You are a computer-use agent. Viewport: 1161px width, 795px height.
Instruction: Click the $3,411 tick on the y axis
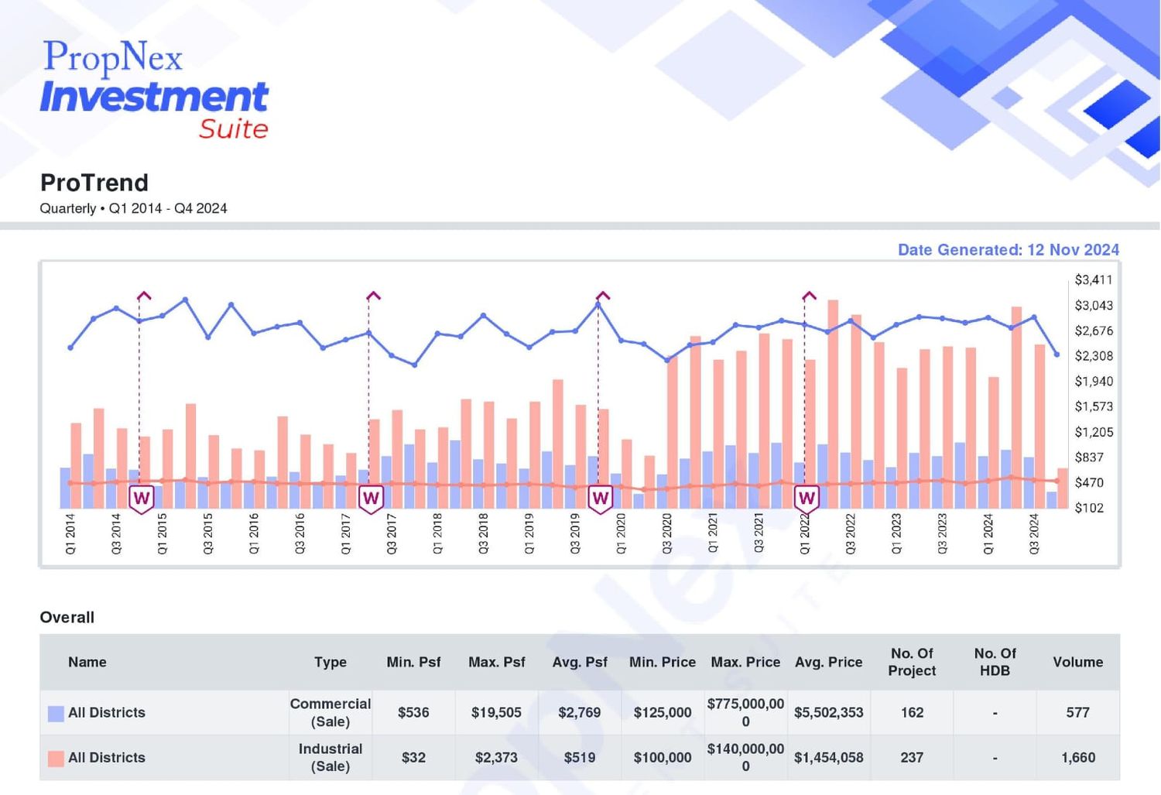tap(1093, 280)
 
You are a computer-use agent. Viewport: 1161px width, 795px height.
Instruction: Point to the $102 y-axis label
tap(1088, 508)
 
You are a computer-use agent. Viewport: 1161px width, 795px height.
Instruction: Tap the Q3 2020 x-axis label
tap(667, 534)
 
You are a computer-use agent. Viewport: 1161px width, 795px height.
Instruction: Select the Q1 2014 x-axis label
tap(70, 534)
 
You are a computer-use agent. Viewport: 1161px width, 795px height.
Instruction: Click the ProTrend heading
tap(94, 183)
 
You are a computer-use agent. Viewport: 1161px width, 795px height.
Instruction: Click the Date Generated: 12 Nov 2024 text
tap(1008, 250)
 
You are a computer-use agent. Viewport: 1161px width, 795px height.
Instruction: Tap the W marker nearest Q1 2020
tap(600, 499)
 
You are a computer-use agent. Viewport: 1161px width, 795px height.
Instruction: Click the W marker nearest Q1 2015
tap(141, 499)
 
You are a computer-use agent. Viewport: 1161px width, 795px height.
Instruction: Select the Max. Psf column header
tap(497, 662)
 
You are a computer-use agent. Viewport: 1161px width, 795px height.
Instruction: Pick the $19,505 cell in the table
tap(496, 713)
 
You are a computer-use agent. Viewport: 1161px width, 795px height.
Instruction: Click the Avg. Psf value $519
tap(580, 758)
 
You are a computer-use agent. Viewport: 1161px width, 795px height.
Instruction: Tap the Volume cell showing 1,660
tap(1078, 758)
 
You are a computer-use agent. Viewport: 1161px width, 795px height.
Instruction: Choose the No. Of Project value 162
tap(912, 713)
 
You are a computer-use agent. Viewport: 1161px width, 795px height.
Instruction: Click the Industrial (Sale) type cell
tap(330, 757)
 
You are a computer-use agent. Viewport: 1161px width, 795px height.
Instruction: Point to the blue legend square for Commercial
tap(56, 713)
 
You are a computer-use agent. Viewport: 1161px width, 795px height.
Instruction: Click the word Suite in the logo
tap(234, 129)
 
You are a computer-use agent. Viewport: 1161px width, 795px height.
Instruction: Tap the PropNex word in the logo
tap(113, 57)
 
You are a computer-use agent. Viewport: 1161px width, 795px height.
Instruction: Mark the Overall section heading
tap(67, 617)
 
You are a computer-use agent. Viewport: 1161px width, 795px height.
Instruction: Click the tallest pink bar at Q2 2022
tap(833, 404)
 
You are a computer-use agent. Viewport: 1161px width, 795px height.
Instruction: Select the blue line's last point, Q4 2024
tap(1057, 355)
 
